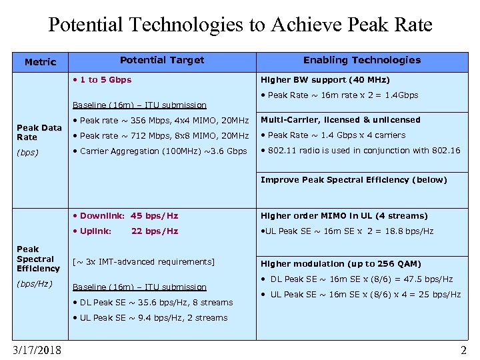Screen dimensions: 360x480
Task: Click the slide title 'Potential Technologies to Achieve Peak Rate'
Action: point(240,25)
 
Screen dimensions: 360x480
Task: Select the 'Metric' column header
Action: point(40,62)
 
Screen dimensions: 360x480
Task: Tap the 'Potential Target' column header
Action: point(162,60)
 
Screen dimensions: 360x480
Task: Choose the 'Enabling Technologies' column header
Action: point(362,60)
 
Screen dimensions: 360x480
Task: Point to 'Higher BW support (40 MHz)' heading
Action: point(325,80)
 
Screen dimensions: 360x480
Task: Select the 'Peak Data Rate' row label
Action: point(39,132)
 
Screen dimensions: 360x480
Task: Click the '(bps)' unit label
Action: point(28,152)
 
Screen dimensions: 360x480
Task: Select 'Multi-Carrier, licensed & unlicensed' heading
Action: point(340,120)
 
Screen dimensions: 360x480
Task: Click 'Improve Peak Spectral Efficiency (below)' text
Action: point(353,180)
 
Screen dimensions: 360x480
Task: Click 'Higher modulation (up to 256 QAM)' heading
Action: point(341,264)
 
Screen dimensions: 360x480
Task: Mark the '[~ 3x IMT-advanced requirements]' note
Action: point(143,262)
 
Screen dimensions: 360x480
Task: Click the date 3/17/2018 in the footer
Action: point(37,350)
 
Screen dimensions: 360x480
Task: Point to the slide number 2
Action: point(463,350)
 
